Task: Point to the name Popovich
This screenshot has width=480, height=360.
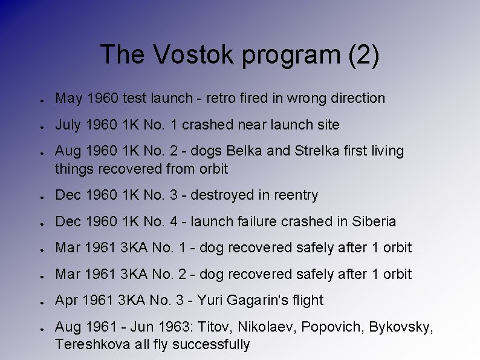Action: (x=331, y=327)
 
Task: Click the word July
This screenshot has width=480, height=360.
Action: (x=67, y=125)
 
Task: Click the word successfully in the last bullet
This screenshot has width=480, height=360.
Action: (x=211, y=345)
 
